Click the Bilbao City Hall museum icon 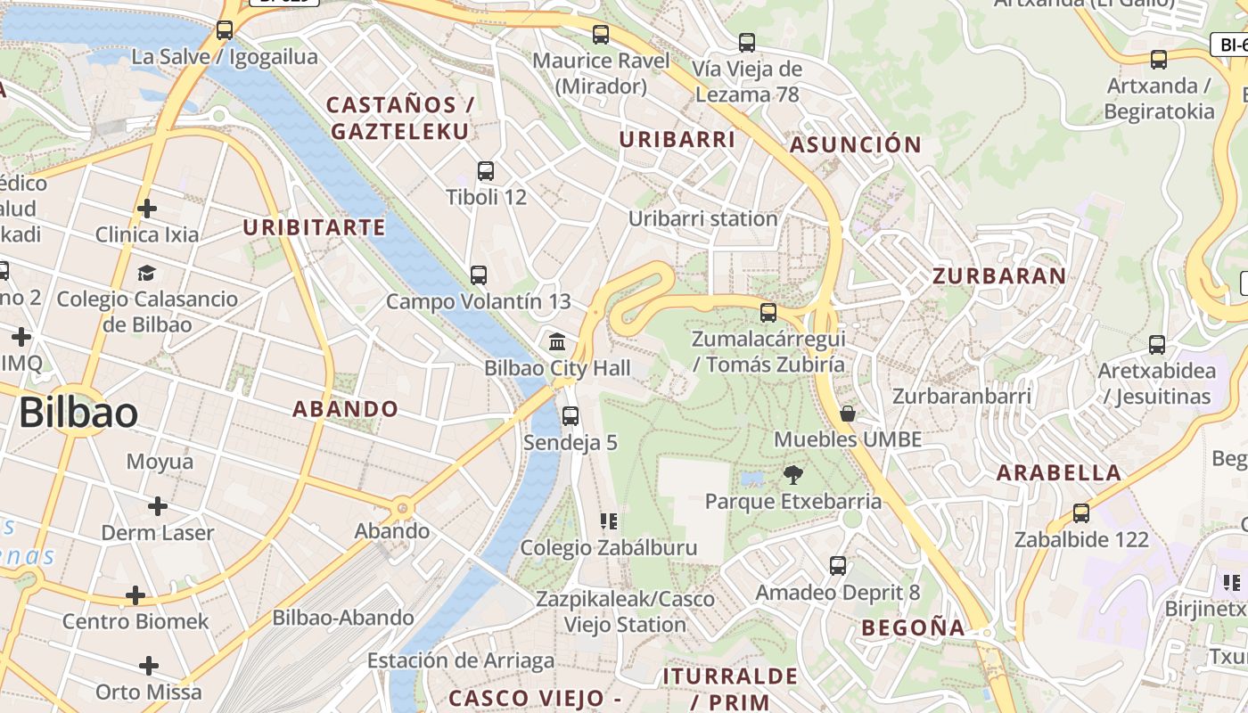(558, 341)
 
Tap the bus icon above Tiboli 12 (486, 171)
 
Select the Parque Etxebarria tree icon (792, 475)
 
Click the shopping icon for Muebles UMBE (848, 414)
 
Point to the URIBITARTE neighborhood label (315, 227)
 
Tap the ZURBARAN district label (999, 276)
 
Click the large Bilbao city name (78, 414)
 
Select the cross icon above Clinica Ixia (147, 209)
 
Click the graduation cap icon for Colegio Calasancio (147, 273)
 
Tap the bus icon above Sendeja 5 (571, 416)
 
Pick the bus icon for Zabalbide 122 (1081, 513)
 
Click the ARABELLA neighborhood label (1058, 473)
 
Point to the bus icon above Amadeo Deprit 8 (838, 566)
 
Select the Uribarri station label (702, 218)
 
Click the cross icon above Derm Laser (158, 507)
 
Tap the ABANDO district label (346, 409)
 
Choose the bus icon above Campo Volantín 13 (479, 275)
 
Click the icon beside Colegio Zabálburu (609, 521)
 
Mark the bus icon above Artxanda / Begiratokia (1159, 61)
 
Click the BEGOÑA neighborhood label (913, 627)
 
